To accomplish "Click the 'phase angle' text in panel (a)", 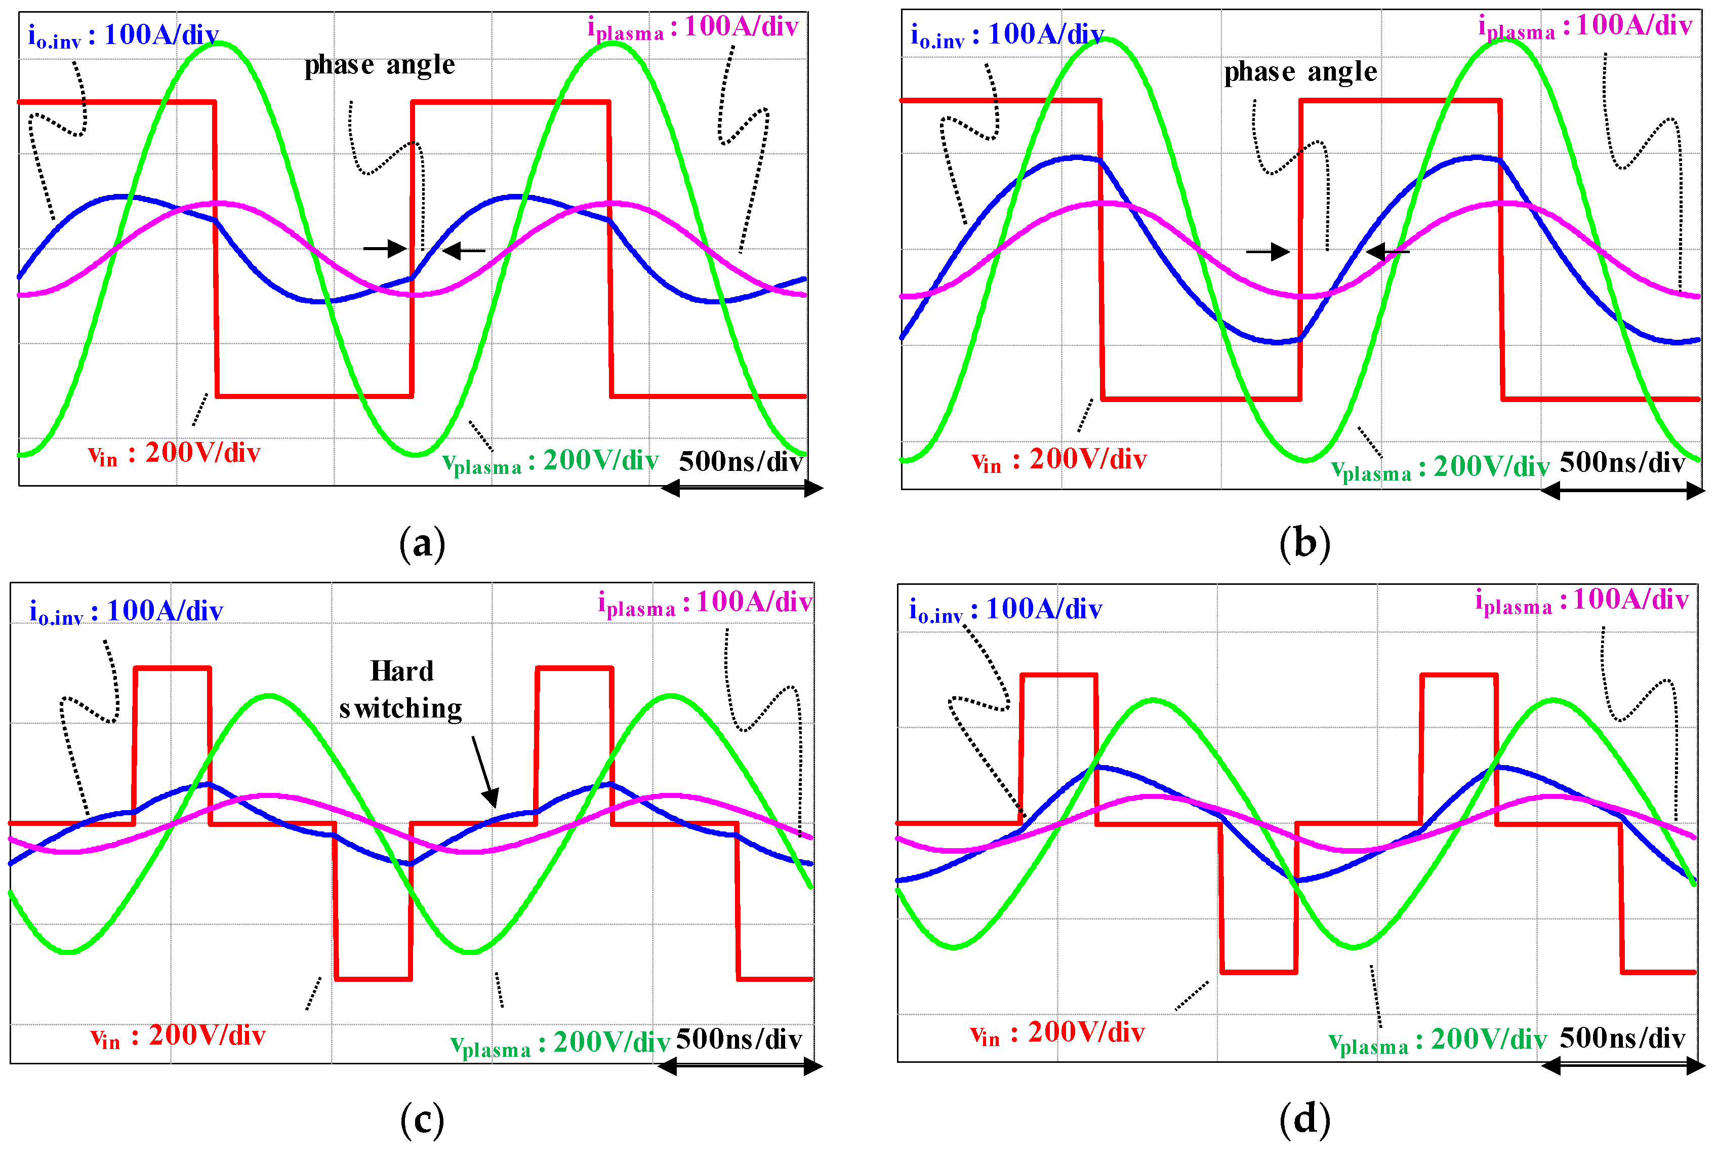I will pyautogui.click(x=380, y=66).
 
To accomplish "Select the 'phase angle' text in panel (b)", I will pyautogui.click(x=1300, y=72).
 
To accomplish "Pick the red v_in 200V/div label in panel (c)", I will pyautogui.click(x=177, y=1036).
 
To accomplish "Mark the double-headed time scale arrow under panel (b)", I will pyautogui.click(x=1622, y=490).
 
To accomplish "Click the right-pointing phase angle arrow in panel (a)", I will pyautogui.click(x=386, y=248).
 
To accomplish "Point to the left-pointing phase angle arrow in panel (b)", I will pyautogui.click(x=1386, y=252).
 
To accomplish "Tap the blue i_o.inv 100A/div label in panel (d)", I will pyautogui.click(x=1005, y=610).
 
